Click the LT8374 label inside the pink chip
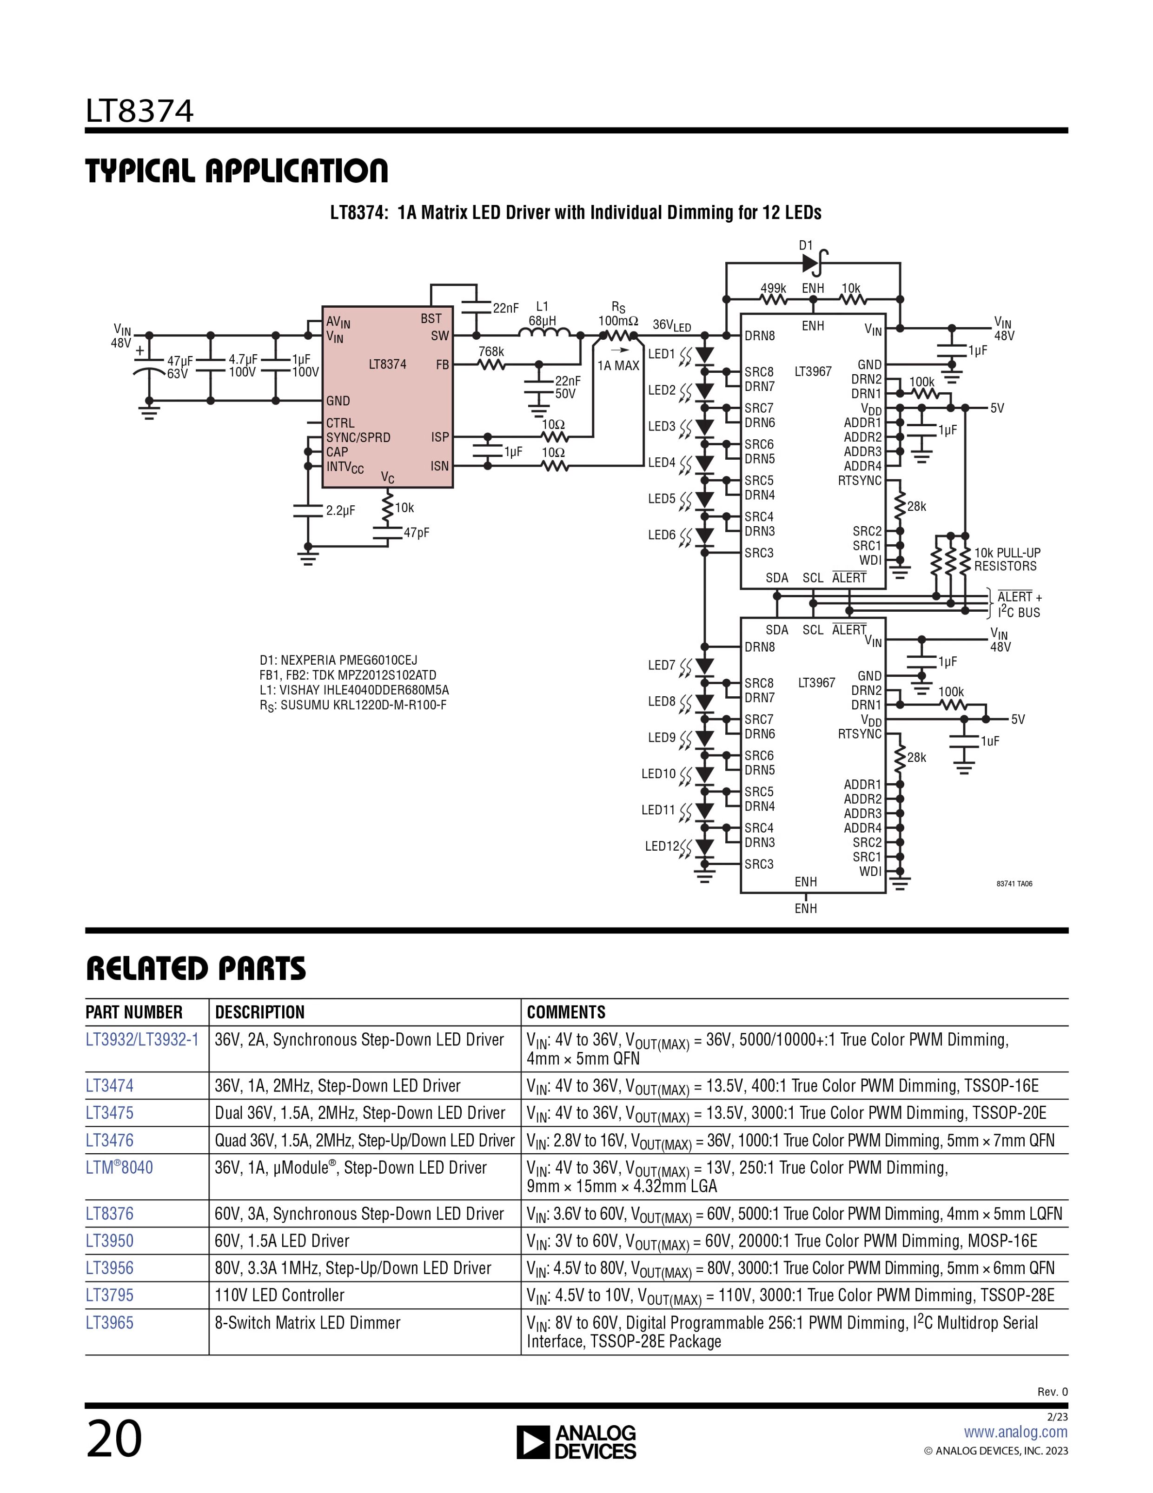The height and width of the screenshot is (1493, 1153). [387, 364]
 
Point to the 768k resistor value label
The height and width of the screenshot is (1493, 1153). [491, 352]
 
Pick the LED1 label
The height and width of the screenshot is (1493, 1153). [661, 354]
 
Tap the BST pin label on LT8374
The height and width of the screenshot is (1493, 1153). [431, 318]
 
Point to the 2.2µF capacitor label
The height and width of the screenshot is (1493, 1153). [340, 511]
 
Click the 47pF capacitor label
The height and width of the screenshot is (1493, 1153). [417, 533]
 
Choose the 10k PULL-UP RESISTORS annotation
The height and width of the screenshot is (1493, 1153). [1007, 559]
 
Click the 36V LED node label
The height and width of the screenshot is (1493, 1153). [671, 325]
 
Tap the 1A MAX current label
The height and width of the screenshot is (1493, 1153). [618, 366]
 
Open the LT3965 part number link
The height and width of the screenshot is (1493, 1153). [109, 1323]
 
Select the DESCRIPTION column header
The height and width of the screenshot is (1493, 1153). [260, 1012]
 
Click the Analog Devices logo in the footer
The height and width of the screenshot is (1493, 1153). [576, 1443]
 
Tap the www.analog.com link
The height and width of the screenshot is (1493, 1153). [1015, 1432]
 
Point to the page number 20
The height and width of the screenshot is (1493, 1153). [114, 1439]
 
